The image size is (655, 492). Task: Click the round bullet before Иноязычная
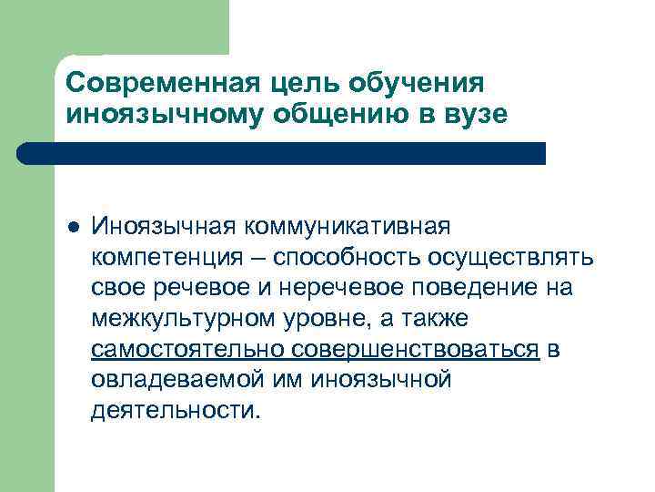(x=74, y=224)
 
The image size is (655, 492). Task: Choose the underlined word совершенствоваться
(x=417, y=351)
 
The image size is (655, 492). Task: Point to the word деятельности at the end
(x=175, y=411)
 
